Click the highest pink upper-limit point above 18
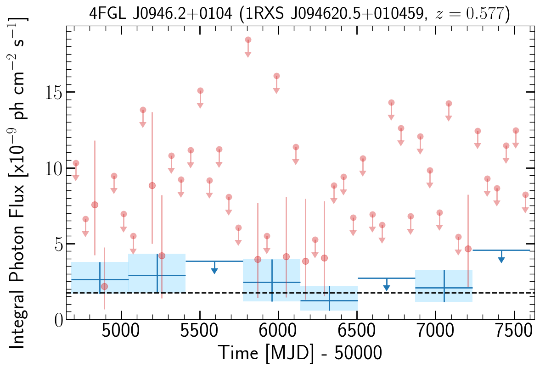point(248,40)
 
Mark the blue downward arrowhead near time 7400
point(501,260)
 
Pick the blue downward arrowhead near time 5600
point(214,271)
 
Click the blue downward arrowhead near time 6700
point(387,288)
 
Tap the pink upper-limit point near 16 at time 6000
point(276,76)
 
